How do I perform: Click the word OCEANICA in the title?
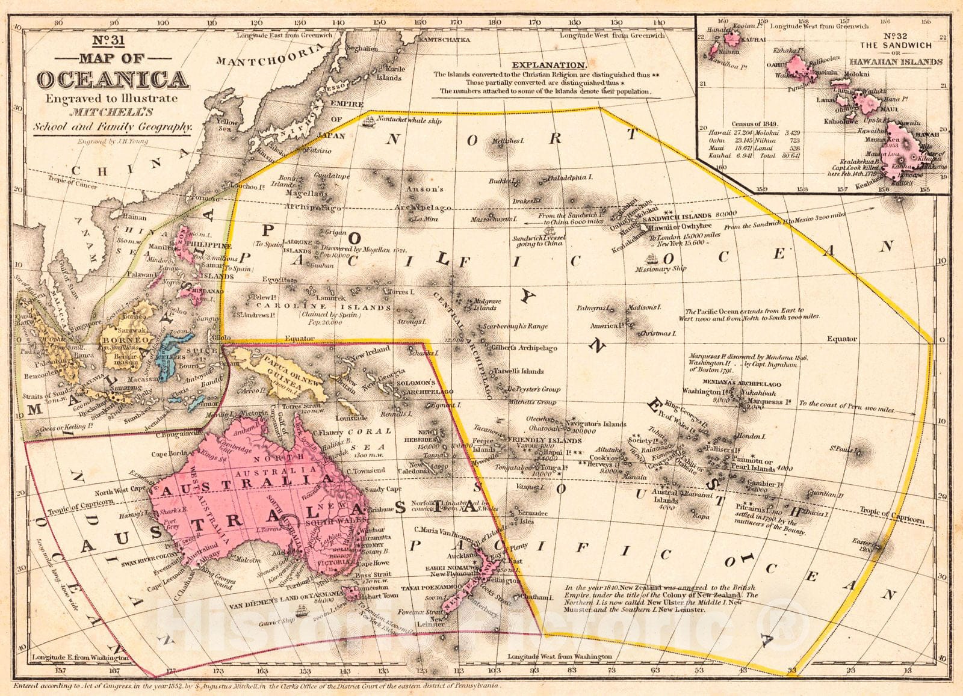(x=113, y=79)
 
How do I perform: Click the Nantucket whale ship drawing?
(x=368, y=120)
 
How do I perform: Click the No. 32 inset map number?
(x=895, y=35)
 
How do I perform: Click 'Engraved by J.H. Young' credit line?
(x=112, y=142)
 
